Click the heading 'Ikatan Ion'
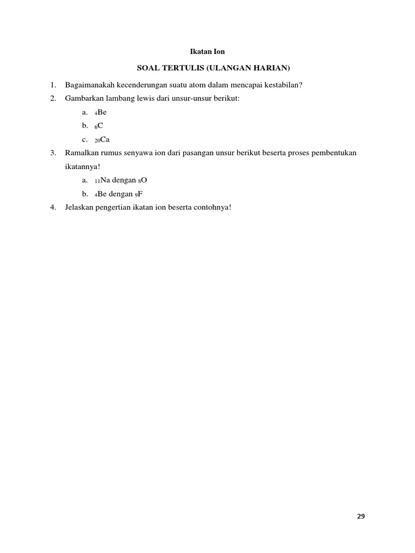tap(207, 52)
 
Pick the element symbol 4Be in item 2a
tap(101, 112)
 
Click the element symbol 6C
tap(99, 126)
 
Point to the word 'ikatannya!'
tap(82, 166)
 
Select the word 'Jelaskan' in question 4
tap(79, 207)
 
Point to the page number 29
tap(361, 516)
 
